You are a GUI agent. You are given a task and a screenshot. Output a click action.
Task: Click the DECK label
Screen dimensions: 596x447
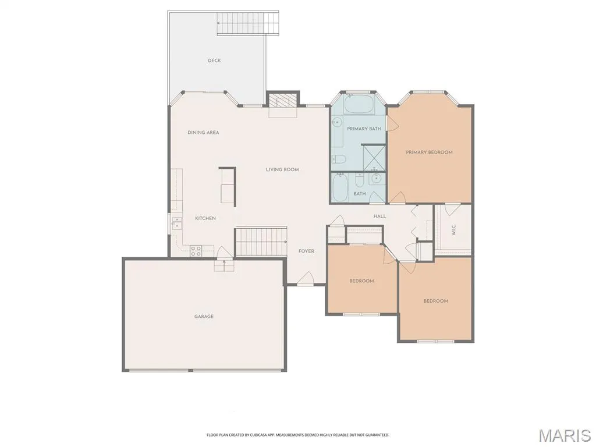[214, 61]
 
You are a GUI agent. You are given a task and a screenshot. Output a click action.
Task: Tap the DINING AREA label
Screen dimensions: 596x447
[203, 133]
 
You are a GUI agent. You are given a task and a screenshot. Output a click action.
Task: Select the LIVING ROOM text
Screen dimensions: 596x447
[282, 169]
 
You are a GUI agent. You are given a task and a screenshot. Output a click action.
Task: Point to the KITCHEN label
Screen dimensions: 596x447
[205, 218]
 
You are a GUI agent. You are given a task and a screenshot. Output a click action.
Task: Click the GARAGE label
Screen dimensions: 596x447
[204, 316]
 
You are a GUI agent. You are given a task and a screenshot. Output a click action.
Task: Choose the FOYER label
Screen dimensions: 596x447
[306, 251]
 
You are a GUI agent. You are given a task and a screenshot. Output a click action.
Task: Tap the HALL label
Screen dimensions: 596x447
[379, 217]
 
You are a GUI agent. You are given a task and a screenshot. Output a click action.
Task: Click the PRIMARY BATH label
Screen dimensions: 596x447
[364, 129]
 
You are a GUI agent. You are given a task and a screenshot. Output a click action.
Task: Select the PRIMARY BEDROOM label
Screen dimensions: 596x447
[429, 152]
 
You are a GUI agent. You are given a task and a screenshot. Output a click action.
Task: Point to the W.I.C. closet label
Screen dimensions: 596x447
[453, 229]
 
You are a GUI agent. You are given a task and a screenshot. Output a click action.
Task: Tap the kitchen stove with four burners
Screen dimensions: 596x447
[196, 251]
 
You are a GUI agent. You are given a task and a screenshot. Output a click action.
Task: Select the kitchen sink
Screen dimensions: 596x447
[176, 223]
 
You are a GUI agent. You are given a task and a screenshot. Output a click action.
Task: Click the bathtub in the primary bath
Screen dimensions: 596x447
[359, 104]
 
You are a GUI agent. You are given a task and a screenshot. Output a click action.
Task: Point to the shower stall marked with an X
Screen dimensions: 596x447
[373, 157]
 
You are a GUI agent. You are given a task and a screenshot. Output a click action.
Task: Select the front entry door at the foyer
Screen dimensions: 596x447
[305, 279]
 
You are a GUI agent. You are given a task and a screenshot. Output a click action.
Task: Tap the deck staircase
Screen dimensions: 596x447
[248, 23]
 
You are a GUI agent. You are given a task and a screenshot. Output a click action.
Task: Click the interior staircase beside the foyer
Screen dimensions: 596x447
[261, 242]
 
